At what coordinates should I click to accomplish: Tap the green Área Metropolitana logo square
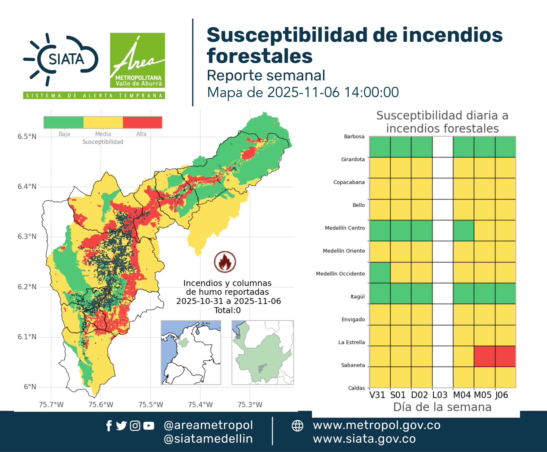coord(137,60)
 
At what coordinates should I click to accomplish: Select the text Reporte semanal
coord(266,75)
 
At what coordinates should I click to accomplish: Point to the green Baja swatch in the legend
coord(64,122)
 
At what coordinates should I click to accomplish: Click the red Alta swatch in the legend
coord(142,122)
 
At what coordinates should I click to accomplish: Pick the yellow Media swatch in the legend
coord(103,122)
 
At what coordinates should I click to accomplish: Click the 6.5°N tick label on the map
coord(27,137)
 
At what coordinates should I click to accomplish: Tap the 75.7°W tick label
coord(51,405)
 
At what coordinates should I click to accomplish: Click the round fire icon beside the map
coord(225,262)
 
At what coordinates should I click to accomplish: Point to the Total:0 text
coord(227,310)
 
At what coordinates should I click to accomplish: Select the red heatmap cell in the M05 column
coord(484,356)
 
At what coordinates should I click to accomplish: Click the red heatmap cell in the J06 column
coord(505,356)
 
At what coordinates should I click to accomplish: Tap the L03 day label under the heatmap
coord(440,395)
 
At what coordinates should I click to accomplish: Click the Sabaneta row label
coord(353,365)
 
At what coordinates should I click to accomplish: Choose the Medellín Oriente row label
coord(344,251)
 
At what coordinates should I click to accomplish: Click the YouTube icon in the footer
coord(149,426)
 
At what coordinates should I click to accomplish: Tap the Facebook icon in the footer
coord(109,426)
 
